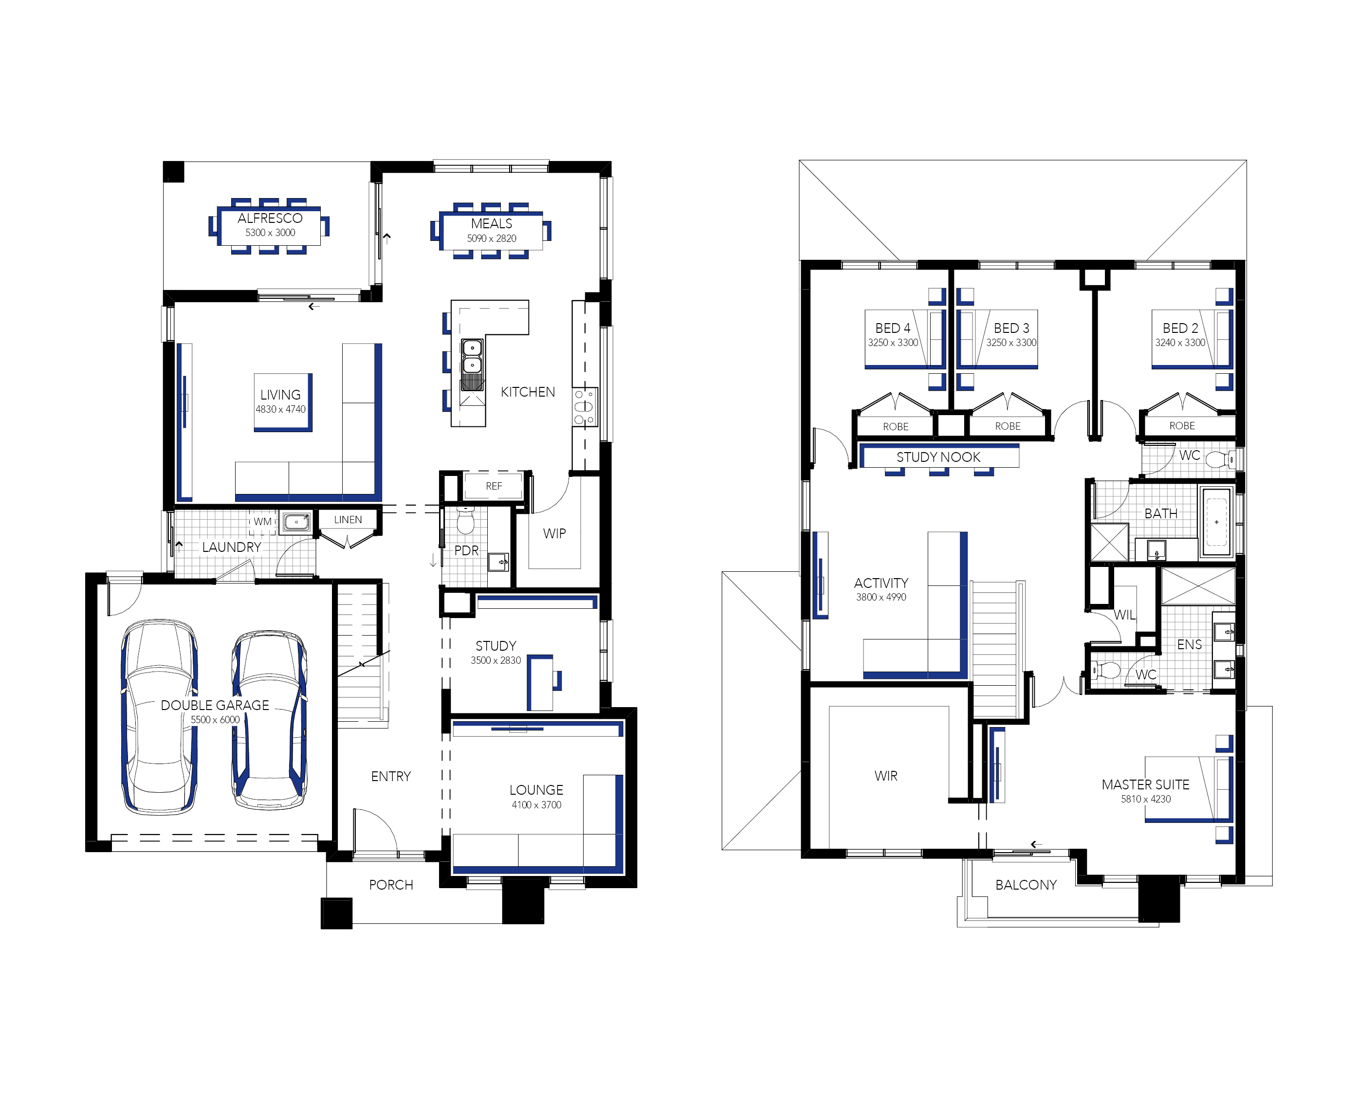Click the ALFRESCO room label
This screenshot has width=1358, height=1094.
270,218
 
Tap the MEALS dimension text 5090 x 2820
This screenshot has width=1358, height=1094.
492,238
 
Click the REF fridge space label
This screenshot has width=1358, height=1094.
494,486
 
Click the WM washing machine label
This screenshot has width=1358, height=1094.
263,522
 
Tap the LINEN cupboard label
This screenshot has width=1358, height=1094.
348,519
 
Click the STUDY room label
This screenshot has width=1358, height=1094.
496,646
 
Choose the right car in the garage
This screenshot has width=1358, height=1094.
270,719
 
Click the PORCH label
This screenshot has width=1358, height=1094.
391,885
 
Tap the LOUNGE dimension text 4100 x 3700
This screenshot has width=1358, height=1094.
536,805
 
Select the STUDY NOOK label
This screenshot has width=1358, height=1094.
938,457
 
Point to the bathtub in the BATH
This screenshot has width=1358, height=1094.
1216,522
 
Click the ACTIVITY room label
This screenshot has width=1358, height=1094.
881,583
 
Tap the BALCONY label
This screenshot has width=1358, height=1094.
1026,885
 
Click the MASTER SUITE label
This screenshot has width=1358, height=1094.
1146,784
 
